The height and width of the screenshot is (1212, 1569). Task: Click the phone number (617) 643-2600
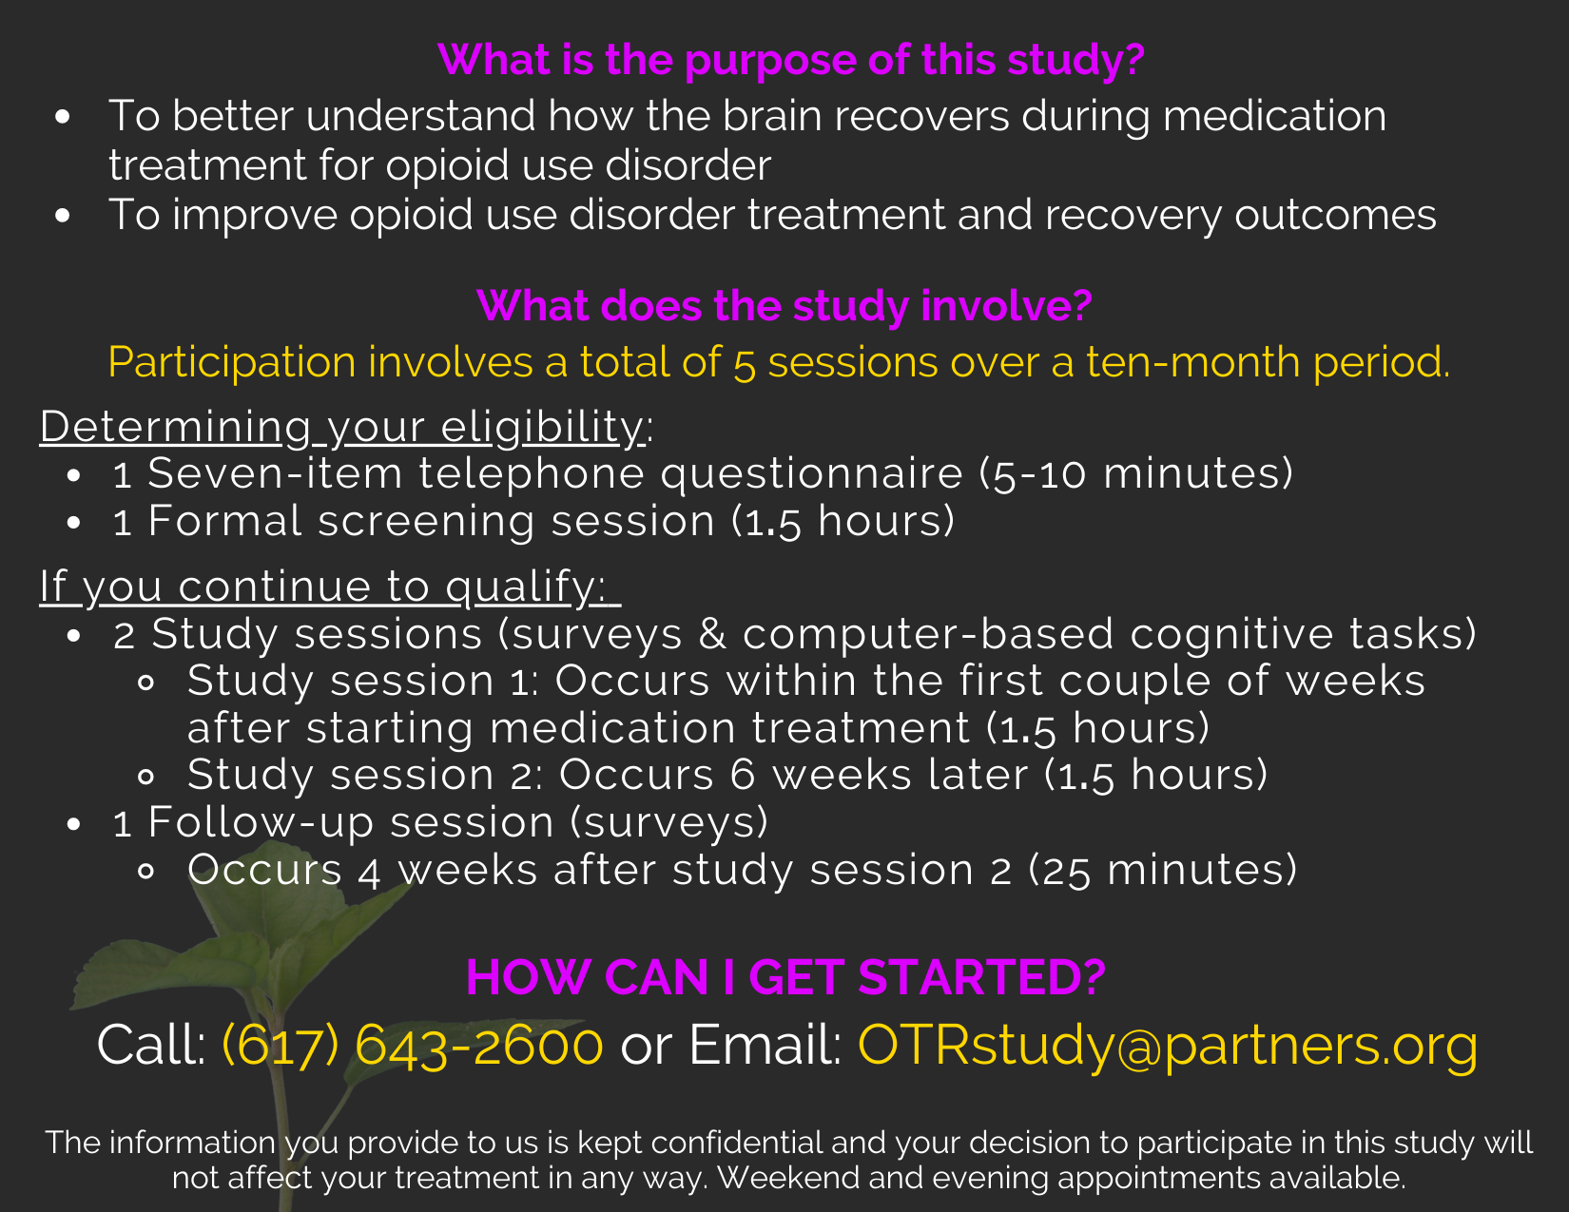413,1045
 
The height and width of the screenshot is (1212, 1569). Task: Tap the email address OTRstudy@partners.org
1167,1046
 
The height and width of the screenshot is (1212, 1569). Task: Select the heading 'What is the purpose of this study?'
790,60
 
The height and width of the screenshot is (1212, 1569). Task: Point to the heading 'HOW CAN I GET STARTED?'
785,977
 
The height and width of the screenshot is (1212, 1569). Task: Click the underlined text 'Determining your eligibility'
341,427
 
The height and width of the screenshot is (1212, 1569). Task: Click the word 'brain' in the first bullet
772,116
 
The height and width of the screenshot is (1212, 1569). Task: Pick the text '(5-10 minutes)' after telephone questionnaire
1135,473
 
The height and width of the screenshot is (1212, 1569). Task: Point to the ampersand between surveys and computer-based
712,634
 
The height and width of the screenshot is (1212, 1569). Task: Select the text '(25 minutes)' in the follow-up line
1163,870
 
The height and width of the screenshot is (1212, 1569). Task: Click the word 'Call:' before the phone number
151,1045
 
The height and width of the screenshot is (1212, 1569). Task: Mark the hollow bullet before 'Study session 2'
145,777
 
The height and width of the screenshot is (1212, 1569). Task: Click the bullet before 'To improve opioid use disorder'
63,215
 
